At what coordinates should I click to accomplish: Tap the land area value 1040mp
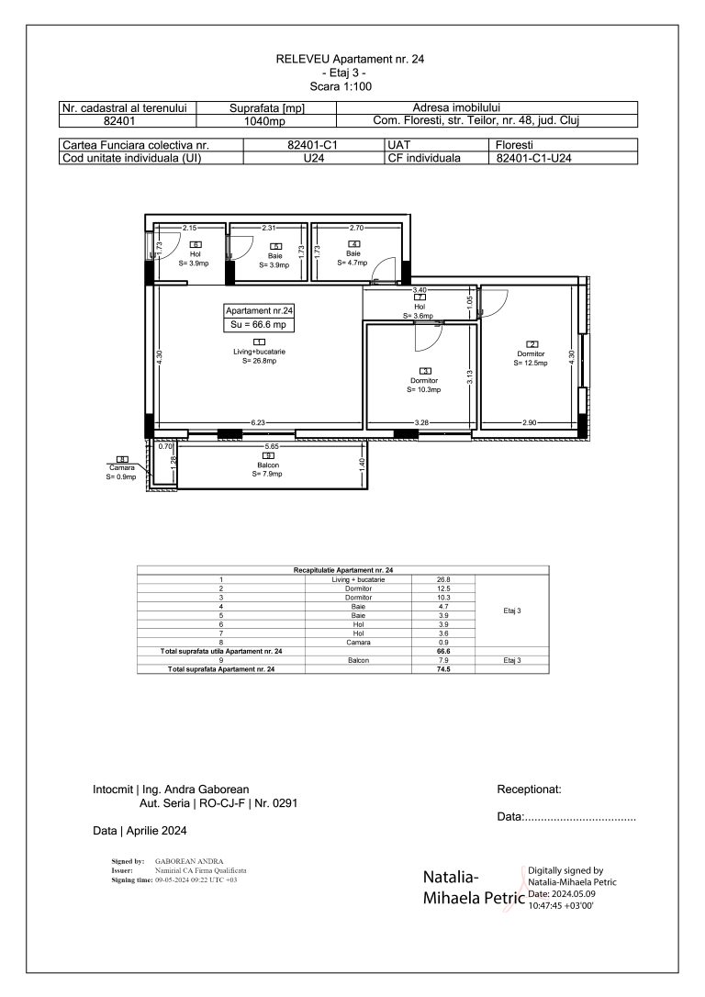[266, 119]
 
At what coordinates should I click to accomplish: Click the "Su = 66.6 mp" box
[260, 324]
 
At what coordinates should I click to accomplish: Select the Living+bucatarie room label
[260, 352]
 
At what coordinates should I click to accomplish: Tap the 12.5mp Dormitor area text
[531, 363]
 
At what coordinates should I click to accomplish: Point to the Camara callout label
[121, 467]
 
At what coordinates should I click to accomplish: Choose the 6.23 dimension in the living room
[258, 422]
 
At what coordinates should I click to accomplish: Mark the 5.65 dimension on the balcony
[272, 446]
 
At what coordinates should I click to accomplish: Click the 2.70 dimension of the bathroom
[357, 226]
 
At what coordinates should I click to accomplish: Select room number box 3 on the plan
[424, 371]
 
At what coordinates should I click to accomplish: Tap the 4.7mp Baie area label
[352, 263]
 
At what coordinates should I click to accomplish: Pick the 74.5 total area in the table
[445, 669]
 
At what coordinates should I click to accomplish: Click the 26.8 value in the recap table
[444, 580]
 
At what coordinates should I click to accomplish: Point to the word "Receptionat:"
[529, 789]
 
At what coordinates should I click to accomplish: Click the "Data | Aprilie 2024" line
[140, 831]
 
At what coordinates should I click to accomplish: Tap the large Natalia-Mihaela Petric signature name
[472, 888]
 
